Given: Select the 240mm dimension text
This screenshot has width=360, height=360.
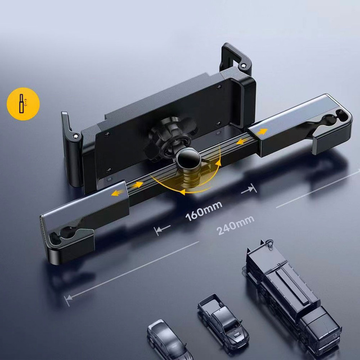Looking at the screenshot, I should (232, 226).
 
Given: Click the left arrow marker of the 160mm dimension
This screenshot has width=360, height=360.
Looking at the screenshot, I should (161, 229).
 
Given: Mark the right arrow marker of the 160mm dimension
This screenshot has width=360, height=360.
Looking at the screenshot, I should (248, 191).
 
